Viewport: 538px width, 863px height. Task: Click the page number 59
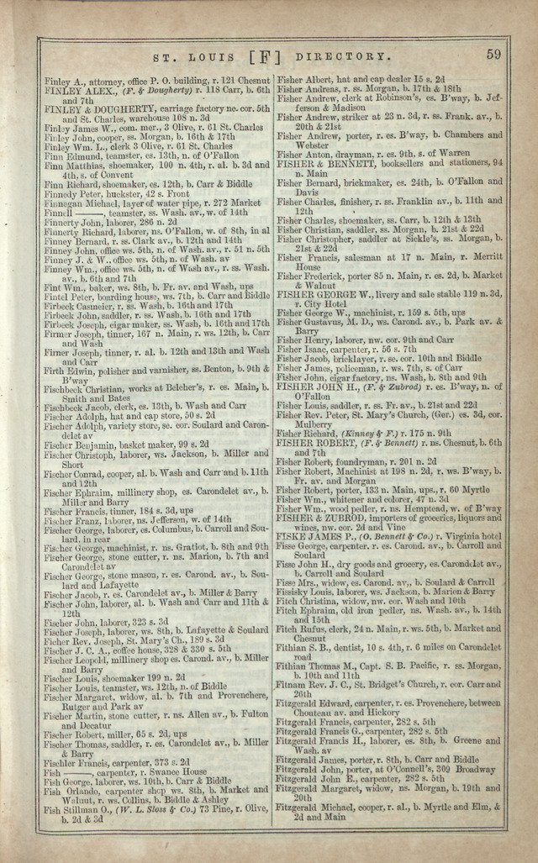point(493,55)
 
